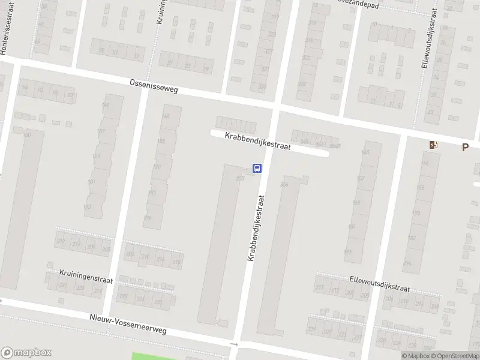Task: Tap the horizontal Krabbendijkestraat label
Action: (x=257, y=141)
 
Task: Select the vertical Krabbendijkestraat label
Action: (x=256, y=227)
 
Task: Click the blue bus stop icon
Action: (x=257, y=168)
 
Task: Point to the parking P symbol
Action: (x=464, y=147)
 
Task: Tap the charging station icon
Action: (x=433, y=145)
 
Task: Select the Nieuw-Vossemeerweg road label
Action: (x=128, y=323)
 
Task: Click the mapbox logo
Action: (x=26, y=353)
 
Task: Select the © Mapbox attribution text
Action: (x=415, y=356)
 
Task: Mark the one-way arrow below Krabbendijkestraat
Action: (x=235, y=344)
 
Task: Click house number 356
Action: (x=284, y=185)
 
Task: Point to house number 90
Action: (x=40, y=91)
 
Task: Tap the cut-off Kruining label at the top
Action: (x=160, y=12)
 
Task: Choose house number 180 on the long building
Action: (x=27, y=134)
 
